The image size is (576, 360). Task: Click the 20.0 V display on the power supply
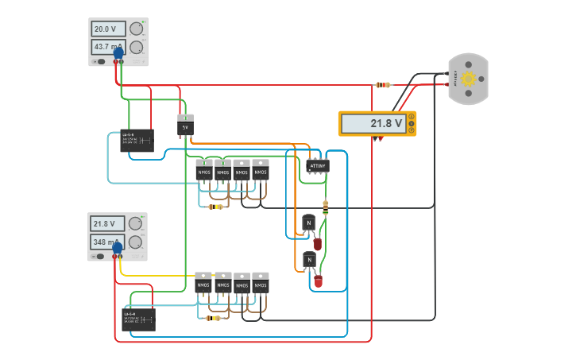point(108,29)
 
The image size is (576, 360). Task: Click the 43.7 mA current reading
point(108,47)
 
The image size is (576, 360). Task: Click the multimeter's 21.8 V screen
point(373,123)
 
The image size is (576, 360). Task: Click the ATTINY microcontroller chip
point(317,165)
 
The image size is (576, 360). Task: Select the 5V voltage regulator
point(185,126)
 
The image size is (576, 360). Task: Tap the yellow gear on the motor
point(468,79)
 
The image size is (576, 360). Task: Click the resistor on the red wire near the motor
point(383,84)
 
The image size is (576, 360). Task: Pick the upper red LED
point(318,243)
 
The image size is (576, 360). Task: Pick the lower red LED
point(319,281)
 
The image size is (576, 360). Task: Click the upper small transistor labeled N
point(308,223)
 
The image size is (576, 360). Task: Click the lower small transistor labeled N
point(308,260)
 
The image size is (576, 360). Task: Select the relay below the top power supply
point(137,141)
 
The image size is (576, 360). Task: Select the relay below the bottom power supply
point(138,319)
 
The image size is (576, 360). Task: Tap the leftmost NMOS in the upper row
point(204,170)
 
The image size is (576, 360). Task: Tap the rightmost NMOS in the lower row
point(260,283)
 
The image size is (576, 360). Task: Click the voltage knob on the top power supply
point(137,29)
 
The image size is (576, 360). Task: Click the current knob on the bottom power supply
point(136,242)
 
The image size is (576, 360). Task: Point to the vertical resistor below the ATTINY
point(325,207)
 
